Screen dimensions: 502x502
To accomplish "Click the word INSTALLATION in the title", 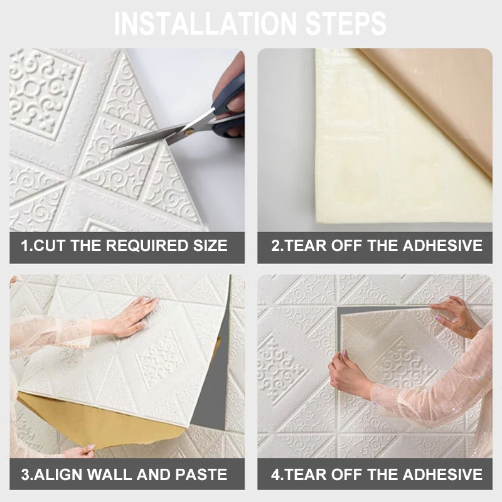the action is coord(205,24).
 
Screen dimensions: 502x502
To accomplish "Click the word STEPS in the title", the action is coord(346,24).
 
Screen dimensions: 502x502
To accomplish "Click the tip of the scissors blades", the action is coord(112,149).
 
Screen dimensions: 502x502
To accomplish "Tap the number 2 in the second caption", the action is coord(275,245).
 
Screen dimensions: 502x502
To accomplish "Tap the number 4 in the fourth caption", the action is coord(275,474).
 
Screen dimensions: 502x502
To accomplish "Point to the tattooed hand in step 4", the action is coord(454,317).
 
